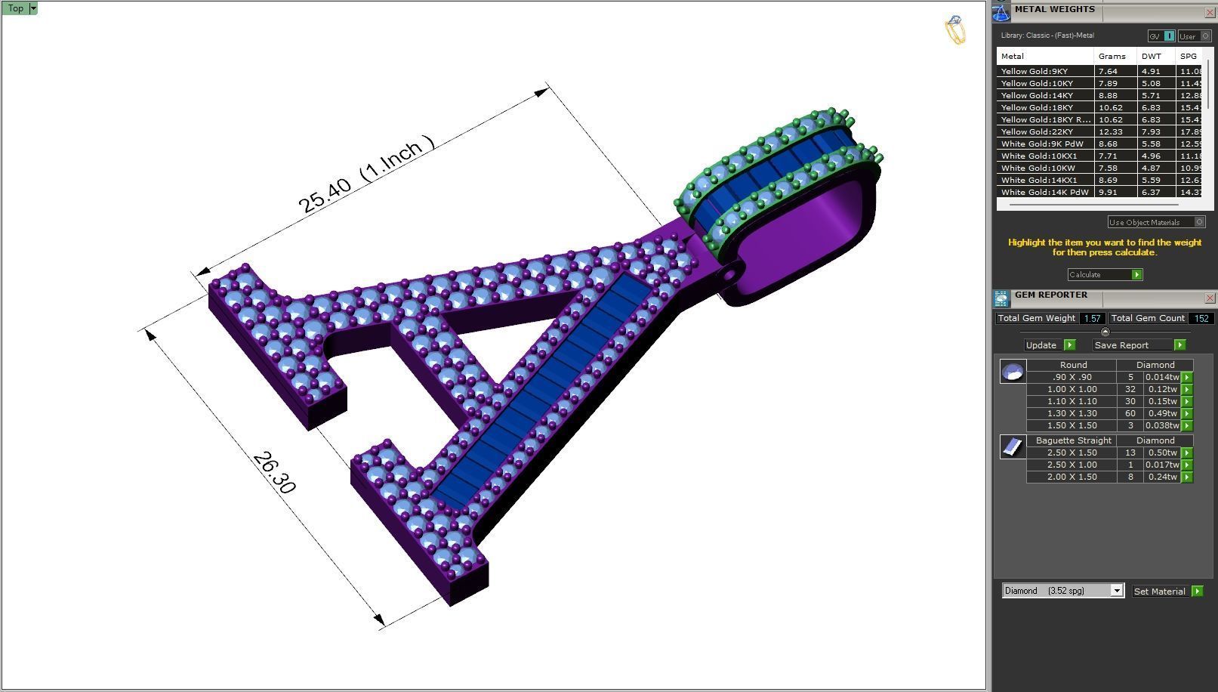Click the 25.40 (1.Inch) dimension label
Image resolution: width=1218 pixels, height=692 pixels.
coord(366,175)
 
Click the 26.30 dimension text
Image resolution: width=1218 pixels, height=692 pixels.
coord(273,473)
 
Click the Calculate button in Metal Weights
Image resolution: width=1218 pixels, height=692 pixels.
coord(1104,275)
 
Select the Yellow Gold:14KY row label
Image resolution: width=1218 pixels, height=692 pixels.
coord(1036,96)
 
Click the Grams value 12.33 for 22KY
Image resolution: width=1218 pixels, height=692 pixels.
coord(1108,132)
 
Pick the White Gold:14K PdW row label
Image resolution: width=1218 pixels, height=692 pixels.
coord(1044,193)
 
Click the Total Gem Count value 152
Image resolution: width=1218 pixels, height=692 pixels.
coord(1201,319)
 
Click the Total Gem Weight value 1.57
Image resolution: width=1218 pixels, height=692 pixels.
coord(1091,319)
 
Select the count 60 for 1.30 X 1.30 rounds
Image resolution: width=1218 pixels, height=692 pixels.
coord(1130,414)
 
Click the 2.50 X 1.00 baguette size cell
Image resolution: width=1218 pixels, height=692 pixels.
coord(1072,465)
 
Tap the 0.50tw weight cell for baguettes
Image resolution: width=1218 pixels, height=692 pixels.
coord(1162,453)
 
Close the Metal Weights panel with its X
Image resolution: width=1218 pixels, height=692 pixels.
coord(1209,13)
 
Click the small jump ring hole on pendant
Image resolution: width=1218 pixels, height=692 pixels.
coord(729,275)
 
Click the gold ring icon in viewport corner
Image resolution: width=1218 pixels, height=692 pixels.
coord(954,30)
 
